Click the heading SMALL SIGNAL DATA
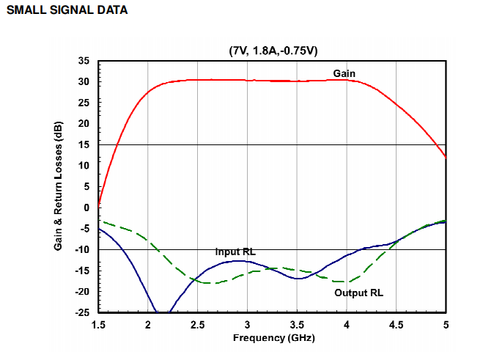pos(67,11)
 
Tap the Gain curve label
pos(344,73)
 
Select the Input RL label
pos(235,252)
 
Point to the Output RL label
pos(359,293)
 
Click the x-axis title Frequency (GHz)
pos(272,339)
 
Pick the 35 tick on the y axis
pos(84,61)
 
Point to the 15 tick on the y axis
pos(84,144)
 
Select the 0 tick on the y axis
pos(86,207)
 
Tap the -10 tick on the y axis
pos(82,249)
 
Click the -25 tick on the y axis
pos(82,312)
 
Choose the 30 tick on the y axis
pos(84,81)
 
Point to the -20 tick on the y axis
pos(82,292)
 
